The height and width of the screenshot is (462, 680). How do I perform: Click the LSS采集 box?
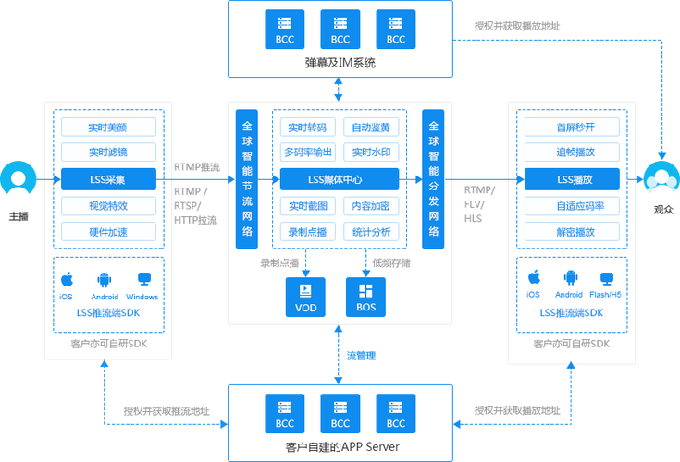pos(108,179)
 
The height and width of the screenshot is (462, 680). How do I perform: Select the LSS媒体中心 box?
pos(340,179)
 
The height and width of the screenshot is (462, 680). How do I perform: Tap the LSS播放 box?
pos(572,179)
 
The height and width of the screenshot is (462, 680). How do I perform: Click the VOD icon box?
pos(305,297)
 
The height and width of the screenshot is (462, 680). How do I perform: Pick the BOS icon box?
pos(365,297)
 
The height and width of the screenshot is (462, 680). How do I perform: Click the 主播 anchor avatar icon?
pos(19,178)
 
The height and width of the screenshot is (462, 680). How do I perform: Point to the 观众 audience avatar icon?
pos(661,177)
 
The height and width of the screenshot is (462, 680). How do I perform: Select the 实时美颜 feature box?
pos(108,127)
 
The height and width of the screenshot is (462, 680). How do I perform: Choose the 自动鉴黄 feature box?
pos(371,127)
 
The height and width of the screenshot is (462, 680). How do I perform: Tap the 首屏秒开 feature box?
pos(572,127)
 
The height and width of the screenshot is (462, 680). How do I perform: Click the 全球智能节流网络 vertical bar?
pos(247,179)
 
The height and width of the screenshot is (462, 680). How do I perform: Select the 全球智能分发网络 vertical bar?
pos(433,179)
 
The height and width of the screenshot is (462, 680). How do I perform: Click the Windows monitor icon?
pos(144,279)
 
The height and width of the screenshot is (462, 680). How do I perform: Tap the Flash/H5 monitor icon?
pos(607,278)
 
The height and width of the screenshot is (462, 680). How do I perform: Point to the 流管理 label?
pos(361,356)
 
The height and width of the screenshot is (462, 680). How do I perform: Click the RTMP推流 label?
pos(197,167)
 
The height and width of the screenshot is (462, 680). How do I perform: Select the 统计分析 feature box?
pos(371,232)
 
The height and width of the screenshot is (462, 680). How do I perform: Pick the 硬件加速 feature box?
pos(108,232)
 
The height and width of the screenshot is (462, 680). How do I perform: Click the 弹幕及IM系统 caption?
pos(340,63)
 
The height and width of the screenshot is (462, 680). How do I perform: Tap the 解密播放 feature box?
pos(572,232)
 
